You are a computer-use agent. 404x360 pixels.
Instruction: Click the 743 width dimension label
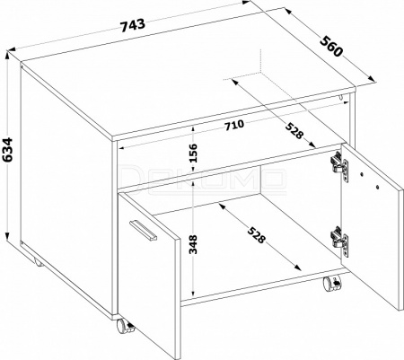tap(134, 25)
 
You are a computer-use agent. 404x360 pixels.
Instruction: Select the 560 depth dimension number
tap(330, 46)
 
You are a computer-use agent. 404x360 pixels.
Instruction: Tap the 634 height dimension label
tap(7, 150)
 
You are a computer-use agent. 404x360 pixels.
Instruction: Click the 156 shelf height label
tap(194, 153)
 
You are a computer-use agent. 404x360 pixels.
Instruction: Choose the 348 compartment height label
tap(194, 244)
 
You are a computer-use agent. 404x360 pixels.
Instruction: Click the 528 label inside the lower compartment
tap(257, 235)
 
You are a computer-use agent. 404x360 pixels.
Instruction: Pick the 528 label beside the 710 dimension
tap(294, 131)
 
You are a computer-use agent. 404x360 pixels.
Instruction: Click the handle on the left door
tap(144, 230)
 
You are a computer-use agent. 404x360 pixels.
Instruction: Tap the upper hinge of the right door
tap(340, 166)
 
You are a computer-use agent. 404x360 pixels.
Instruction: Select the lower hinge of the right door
tap(340, 241)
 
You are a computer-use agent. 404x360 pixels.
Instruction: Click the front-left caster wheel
tap(125, 327)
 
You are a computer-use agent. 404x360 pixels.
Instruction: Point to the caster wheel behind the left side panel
tap(38, 263)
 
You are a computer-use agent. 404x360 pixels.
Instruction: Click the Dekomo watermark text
tap(203, 179)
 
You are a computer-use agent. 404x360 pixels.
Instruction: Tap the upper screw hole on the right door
tap(362, 173)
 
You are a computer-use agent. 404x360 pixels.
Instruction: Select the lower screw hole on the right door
tap(377, 188)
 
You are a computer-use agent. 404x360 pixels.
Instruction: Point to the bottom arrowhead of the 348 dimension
tap(194, 293)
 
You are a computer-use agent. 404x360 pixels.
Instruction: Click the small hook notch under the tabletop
tap(341, 98)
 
